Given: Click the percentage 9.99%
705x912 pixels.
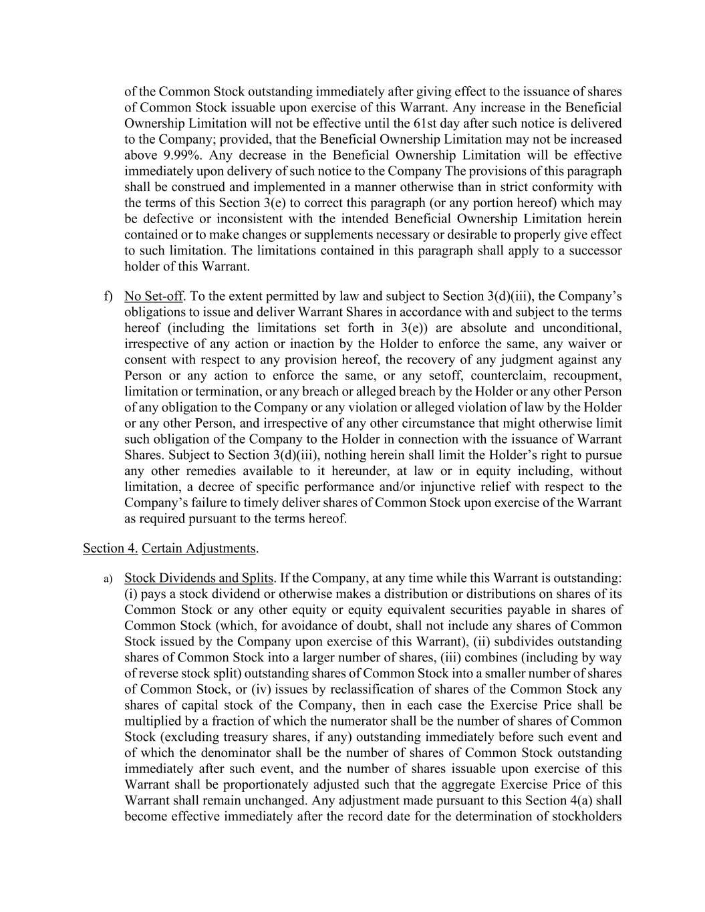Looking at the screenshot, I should pos(174,155).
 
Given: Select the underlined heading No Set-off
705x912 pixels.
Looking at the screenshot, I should pos(153,296).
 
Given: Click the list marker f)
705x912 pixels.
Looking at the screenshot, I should pos(108,296).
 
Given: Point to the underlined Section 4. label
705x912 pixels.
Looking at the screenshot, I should pos(110,549).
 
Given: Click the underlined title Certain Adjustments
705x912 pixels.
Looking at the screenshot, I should pos(198,549).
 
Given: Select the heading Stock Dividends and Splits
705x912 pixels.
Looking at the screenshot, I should pos(198,578).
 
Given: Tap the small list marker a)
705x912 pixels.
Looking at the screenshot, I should pos(108,579).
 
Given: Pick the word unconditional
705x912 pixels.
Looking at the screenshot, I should pos(581,327).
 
